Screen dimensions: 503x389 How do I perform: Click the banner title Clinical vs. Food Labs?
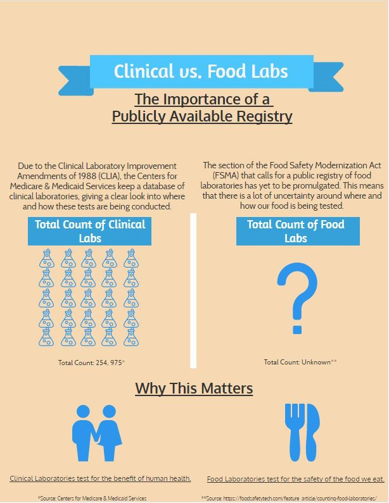tap(201, 71)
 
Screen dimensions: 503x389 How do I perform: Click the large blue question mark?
tap(297, 298)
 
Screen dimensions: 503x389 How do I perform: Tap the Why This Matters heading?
tap(194, 388)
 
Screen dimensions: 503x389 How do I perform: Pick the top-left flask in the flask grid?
tap(46, 258)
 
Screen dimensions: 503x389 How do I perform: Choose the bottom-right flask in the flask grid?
tap(131, 337)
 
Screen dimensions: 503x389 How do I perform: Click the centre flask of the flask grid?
tap(89, 297)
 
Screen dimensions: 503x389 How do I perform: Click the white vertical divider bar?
tap(193, 290)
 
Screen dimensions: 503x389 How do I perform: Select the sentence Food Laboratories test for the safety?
tap(295, 479)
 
